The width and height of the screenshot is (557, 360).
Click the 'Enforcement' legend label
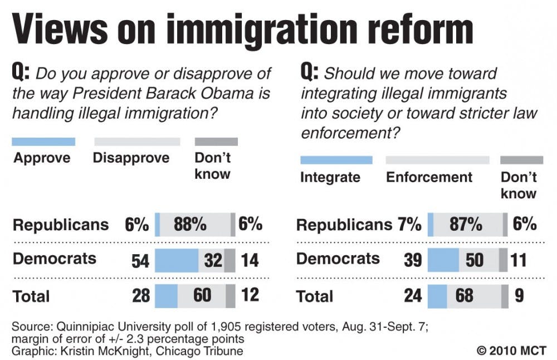pos(429,177)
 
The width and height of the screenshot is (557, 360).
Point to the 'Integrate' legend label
pos(330,177)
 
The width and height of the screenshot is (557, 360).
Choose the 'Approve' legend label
pos(42,158)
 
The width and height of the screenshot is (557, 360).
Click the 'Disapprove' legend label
pos(131,158)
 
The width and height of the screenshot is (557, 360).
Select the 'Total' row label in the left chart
pos(31,296)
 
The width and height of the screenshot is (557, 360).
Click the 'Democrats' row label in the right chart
pos(338,259)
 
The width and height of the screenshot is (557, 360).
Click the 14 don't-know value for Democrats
pos(250,261)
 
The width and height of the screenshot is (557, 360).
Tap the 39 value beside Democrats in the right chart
pos(413,260)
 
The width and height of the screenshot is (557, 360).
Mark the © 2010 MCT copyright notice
pos(511,351)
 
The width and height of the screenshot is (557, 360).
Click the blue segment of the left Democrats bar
pos(176,261)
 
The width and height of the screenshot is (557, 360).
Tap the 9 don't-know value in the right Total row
pos(519,295)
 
